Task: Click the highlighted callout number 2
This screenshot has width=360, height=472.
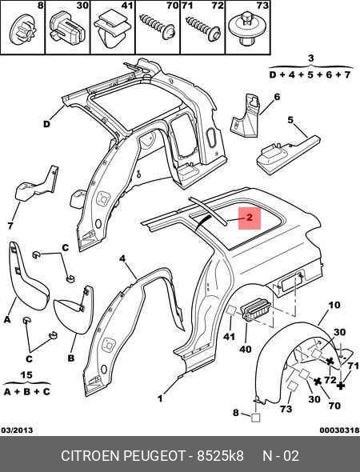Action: [x=250, y=218]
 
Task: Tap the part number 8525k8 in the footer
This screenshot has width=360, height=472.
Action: [x=220, y=455]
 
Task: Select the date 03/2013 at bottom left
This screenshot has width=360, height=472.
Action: [x=17, y=430]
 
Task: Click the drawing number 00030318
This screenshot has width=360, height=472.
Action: [x=339, y=430]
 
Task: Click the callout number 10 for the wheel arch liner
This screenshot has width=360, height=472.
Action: [x=334, y=306]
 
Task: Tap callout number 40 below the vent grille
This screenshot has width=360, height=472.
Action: [x=246, y=349]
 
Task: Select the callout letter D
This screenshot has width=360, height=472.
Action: [x=46, y=124]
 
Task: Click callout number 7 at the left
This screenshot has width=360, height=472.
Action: [x=10, y=226]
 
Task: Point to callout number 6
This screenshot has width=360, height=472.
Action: [x=277, y=97]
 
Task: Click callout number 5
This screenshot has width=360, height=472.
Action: [x=290, y=120]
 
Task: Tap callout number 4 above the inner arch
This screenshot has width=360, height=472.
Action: [x=122, y=258]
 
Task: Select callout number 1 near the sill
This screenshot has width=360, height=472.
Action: [x=160, y=398]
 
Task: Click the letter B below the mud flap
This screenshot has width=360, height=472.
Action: [x=71, y=358]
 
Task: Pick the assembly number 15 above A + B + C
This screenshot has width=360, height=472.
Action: [x=26, y=375]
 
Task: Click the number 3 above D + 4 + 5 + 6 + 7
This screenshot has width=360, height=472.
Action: [x=311, y=58]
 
